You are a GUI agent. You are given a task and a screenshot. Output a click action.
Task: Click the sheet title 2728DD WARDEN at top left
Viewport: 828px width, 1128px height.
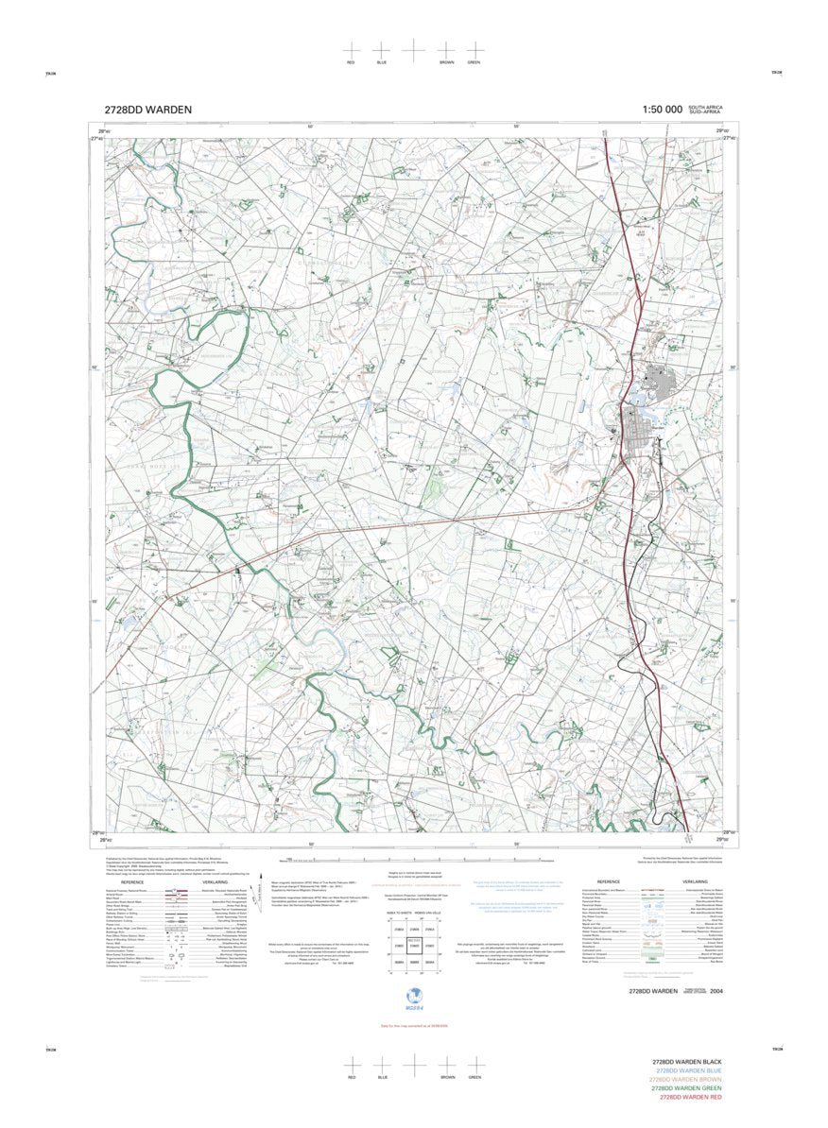(147, 110)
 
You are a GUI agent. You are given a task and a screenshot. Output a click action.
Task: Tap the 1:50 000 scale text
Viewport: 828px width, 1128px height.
(662, 110)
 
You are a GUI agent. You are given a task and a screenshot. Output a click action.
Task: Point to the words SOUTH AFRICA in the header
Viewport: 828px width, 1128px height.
(705, 107)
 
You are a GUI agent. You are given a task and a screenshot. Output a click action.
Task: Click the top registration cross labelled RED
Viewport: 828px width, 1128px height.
(351, 49)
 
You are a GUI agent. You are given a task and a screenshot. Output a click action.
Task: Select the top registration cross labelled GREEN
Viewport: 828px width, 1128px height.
(473, 49)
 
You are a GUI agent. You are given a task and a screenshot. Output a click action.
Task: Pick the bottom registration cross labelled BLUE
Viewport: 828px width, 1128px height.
(382, 1064)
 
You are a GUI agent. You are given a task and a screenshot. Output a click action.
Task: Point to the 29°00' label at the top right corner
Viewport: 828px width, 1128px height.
(722, 129)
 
